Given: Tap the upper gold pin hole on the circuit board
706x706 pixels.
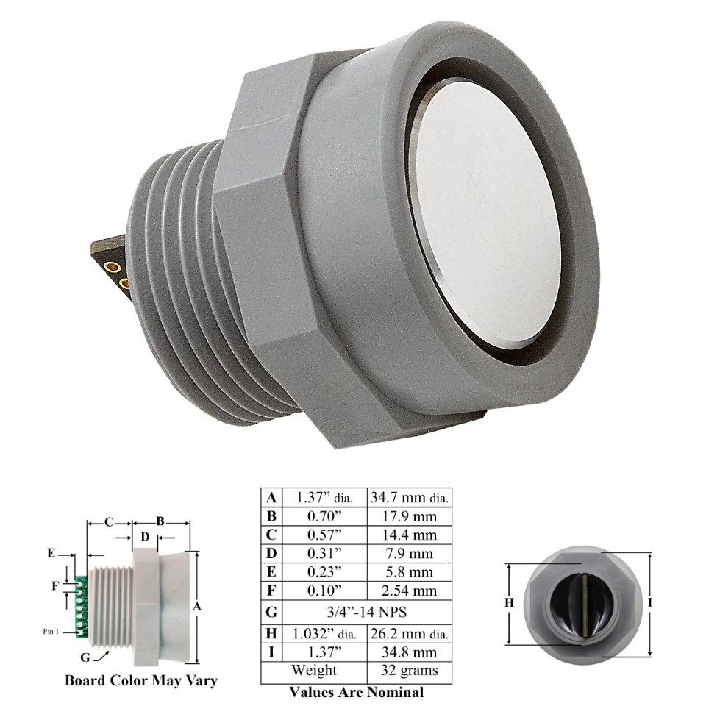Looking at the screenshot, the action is click(x=112, y=268).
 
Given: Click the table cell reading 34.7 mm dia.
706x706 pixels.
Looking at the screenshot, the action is click(x=410, y=498).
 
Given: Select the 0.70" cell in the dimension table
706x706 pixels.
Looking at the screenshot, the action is click(x=324, y=516).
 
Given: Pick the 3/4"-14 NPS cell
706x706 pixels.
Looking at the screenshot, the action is click(x=367, y=612).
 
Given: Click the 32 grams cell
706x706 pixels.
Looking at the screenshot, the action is click(x=410, y=671).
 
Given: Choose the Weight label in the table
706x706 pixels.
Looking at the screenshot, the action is click(x=314, y=670).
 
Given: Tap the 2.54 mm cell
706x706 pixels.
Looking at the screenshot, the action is click(x=410, y=591).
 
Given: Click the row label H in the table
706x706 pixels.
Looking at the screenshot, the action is click(x=271, y=633).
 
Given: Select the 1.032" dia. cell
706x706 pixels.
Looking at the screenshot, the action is click(x=324, y=634).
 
